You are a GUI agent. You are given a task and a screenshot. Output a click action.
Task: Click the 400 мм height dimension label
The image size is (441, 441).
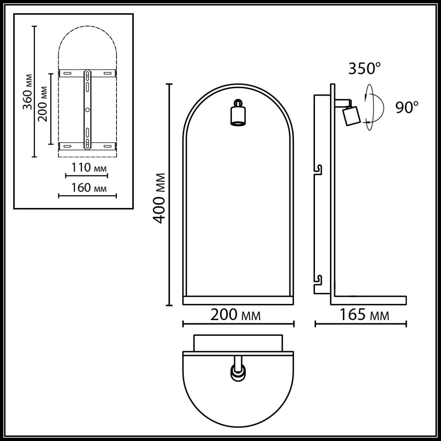click(158, 198)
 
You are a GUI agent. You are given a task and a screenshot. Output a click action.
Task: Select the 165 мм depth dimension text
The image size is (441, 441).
click(364, 315)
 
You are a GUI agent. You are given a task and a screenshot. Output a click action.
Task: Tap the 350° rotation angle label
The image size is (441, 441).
click(364, 69)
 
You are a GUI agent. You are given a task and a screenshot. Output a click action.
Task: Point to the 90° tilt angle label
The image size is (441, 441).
click(407, 107)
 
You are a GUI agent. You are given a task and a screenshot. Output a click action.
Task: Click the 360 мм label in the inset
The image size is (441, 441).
click(28, 92)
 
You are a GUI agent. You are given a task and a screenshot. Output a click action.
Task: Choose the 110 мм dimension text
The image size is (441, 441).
click(89, 168)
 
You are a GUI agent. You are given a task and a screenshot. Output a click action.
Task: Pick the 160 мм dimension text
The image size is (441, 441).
click(89, 188)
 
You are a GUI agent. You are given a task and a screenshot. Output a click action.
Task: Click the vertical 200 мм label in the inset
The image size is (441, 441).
click(43, 104)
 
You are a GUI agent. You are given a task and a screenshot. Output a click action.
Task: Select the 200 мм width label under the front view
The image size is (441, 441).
click(236, 315)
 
